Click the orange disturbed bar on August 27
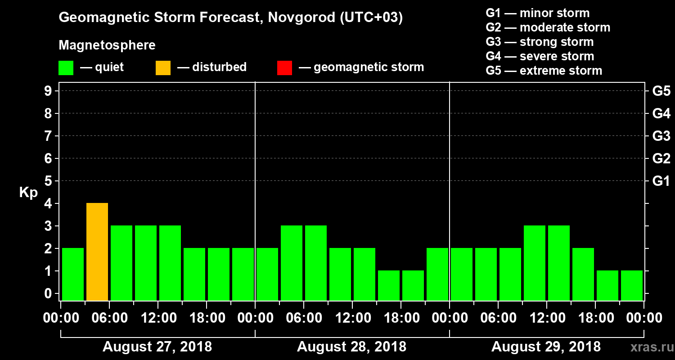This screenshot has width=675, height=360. point(97,252)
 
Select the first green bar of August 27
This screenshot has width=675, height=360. point(73,274)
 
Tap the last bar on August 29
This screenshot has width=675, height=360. point(632,285)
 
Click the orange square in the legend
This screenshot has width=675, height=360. point(163,68)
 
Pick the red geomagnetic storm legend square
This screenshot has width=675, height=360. point(284,68)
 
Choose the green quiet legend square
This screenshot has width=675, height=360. point(66,68)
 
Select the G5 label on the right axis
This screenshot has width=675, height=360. point(661,91)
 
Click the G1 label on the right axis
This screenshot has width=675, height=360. point(661,181)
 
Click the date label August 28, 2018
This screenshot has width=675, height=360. point(351,347)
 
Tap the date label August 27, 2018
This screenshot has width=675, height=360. point(157,347)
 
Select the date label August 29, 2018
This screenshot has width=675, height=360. point(546,347)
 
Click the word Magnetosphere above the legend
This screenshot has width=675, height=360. point(107,45)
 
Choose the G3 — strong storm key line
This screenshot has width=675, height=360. point(540,42)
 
